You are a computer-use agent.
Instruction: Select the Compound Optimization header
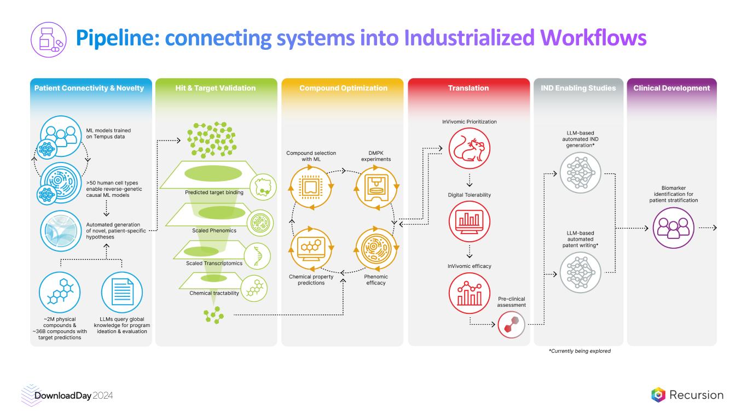(x=343, y=87)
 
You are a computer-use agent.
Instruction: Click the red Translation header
(x=468, y=87)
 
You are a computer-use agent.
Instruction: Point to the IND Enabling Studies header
(x=578, y=87)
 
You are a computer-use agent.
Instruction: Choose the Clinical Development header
(x=671, y=87)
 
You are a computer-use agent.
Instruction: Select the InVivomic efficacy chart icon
(x=470, y=293)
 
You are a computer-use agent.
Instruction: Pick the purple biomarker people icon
(x=671, y=227)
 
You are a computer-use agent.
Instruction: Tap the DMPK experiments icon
(x=375, y=187)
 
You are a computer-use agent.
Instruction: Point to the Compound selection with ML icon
(x=311, y=187)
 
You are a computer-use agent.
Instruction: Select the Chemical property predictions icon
(x=311, y=249)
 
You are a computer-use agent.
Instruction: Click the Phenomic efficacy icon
(x=375, y=249)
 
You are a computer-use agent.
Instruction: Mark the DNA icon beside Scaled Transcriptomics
(x=256, y=255)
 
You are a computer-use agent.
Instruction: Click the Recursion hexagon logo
(x=658, y=395)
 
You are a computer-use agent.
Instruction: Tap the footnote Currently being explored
(x=580, y=351)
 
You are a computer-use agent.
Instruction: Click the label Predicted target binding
(x=214, y=192)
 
